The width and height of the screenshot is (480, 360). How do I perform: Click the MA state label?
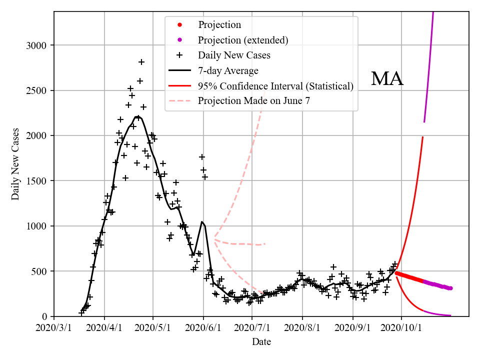point(387,79)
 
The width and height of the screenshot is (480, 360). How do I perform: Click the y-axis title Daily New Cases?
point(15,164)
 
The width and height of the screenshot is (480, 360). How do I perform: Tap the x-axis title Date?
point(261,342)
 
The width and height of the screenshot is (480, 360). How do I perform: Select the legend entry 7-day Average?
point(228,71)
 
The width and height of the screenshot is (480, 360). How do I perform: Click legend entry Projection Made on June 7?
point(254,101)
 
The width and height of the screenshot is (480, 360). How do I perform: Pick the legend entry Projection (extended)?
point(243,40)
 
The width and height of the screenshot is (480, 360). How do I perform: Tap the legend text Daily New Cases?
point(234,55)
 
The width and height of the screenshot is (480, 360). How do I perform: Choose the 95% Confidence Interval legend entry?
point(275,86)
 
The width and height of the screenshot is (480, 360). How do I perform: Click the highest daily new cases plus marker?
point(141,62)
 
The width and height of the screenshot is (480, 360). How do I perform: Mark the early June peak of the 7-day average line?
point(201,221)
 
